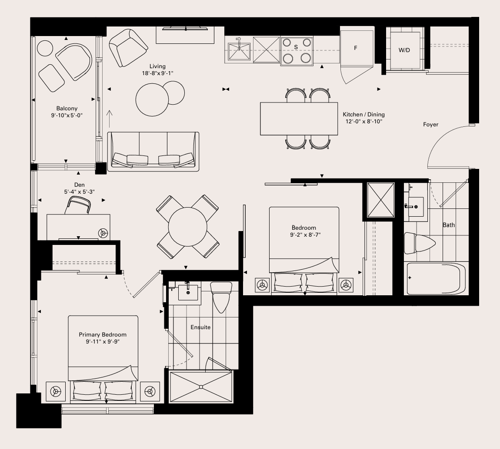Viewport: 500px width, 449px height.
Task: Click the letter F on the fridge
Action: click(x=356, y=48)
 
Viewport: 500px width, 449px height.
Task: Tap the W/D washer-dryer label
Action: click(x=404, y=50)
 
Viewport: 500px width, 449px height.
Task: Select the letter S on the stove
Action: click(x=296, y=47)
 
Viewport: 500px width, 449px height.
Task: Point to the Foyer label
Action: click(x=430, y=125)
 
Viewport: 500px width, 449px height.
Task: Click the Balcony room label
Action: click(x=67, y=109)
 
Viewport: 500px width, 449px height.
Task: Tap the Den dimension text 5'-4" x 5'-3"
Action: click(x=80, y=191)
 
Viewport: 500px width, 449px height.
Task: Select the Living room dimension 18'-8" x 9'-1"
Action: click(x=157, y=73)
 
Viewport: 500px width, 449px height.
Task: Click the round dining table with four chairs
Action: click(x=187, y=227)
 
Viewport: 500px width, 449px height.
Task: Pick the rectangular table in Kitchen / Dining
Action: click(x=299, y=119)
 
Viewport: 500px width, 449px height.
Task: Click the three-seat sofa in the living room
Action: click(x=153, y=152)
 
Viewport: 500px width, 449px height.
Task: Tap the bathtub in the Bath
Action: click(x=435, y=279)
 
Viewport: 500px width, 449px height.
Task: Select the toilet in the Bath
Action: click(x=420, y=243)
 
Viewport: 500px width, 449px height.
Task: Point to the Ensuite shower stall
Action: click(x=201, y=387)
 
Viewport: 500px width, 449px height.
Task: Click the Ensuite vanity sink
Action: click(x=188, y=292)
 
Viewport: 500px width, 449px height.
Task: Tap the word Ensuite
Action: click(x=200, y=327)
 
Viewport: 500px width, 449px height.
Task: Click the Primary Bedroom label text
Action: click(x=103, y=335)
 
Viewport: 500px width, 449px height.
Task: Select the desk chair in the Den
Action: click(x=78, y=205)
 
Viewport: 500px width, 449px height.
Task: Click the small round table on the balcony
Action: click(x=45, y=48)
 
